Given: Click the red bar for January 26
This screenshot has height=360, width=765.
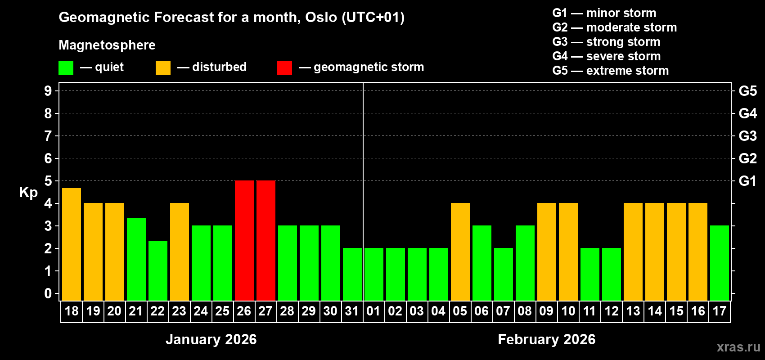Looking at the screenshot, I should (x=244, y=240).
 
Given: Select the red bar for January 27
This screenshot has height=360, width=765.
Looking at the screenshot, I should (x=266, y=240).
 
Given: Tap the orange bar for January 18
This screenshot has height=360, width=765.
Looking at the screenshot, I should (x=72, y=244).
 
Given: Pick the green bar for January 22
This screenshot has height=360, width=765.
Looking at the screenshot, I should (x=158, y=270).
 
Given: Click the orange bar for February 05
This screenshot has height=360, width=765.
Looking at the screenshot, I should (x=460, y=252).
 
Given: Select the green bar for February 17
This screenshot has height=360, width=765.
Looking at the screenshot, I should (x=720, y=263).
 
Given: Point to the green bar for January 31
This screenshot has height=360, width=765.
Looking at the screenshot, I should (x=352, y=274).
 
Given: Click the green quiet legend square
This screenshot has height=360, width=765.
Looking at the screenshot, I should (x=66, y=68).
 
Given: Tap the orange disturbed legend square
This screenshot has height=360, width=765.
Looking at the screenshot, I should (x=163, y=68).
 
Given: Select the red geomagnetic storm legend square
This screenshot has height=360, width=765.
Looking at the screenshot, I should (x=284, y=68).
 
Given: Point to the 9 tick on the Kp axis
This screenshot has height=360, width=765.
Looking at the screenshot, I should (x=48, y=91).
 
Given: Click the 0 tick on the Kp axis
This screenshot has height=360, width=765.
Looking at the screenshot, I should (x=48, y=294).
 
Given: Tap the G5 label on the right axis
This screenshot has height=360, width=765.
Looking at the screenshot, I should (x=747, y=91).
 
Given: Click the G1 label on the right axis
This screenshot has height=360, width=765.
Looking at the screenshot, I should (x=747, y=181).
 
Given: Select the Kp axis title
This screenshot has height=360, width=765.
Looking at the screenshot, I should (x=28, y=193).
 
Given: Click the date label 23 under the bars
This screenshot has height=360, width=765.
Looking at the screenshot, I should (x=179, y=311).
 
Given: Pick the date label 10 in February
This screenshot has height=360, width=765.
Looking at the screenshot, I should (x=568, y=311).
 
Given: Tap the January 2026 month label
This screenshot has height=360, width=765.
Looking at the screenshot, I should (x=211, y=339).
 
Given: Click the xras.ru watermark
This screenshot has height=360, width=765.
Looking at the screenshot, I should (x=738, y=347).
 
